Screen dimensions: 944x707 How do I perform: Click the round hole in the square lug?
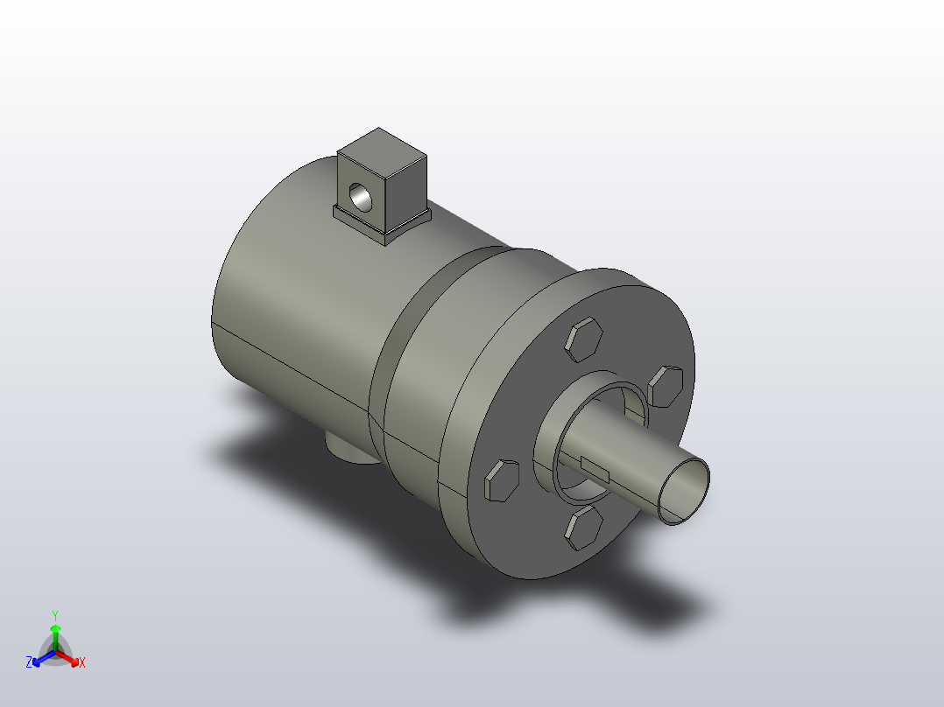[x=361, y=198]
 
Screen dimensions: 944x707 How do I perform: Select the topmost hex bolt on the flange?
[x=583, y=339]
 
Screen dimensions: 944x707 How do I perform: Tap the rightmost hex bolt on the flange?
[x=666, y=386]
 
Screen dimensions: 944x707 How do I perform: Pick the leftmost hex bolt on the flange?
[x=502, y=480]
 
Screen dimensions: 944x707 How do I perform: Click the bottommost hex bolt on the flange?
[x=583, y=528]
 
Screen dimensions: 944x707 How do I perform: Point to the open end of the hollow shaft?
[x=684, y=491]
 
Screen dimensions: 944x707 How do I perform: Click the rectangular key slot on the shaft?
[x=595, y=471]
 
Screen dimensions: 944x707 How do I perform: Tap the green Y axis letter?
[x=55, y=615]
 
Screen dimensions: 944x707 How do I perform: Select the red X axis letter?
[x=82, y=662]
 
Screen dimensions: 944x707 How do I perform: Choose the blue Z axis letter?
[x=29, y=662]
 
